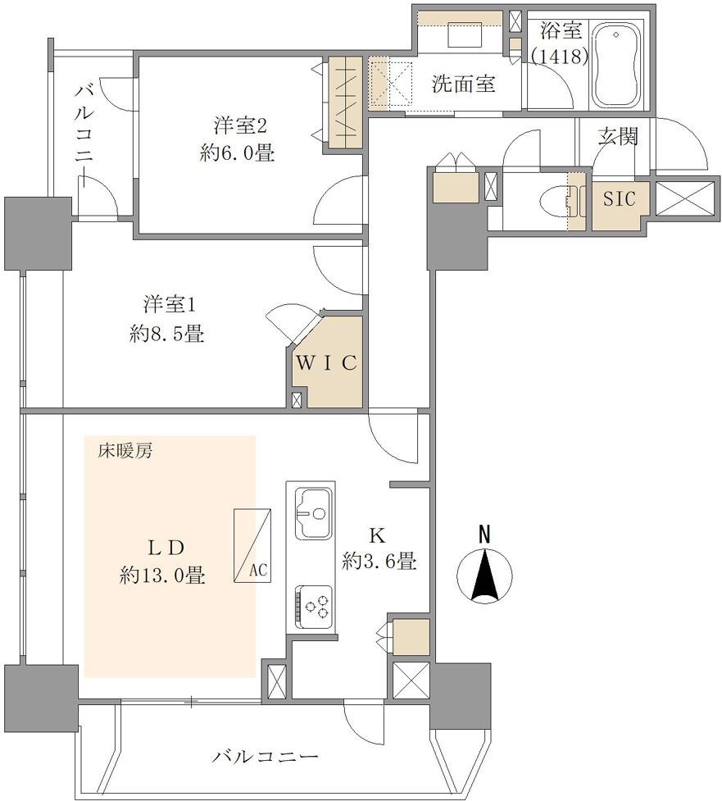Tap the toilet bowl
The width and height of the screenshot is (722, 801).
click(555, 203)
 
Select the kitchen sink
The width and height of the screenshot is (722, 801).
click(313, 513)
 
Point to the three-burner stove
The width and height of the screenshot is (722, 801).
click(313, 607)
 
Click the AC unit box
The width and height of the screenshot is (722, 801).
click(252, 545)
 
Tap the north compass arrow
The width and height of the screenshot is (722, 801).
click(485, 574)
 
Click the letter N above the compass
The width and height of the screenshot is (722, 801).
click(484, 534)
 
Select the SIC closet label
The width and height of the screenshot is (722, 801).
click(620, 198)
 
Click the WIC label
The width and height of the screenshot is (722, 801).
click(327, 362)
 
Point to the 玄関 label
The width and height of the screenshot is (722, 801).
click(618, 136)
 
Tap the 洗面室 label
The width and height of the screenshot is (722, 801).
click(464, 84)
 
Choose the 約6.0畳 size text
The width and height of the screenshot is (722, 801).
click(238, 152)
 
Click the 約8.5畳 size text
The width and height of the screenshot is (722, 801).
click(167, 335)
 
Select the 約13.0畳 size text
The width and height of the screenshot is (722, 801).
click(163, 576)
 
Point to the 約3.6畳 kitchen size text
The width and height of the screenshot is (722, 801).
click(380, 562)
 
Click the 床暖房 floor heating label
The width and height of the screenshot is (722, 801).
click(125, 451)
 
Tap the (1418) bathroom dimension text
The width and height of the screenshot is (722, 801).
click(560, 57)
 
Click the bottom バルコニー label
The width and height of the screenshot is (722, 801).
click(266, 756)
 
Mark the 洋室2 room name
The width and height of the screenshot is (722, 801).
click(240, 125)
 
